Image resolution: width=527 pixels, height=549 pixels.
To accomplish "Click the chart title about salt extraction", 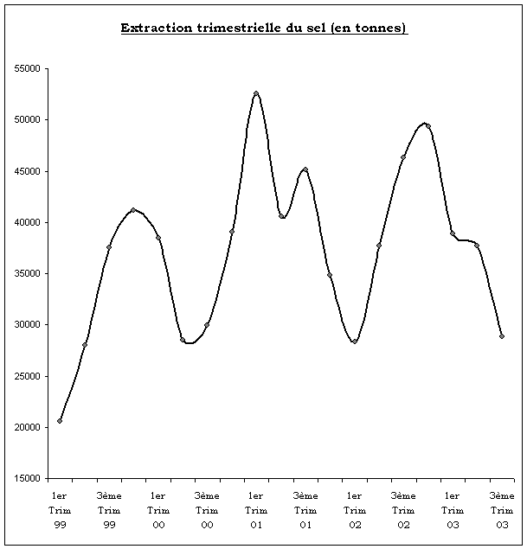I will (264, 28).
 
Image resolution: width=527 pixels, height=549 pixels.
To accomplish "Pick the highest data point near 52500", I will (256, 93).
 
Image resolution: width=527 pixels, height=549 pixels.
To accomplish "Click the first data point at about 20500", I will (60, 421).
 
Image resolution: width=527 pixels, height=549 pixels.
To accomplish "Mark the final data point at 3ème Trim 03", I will (502, 336).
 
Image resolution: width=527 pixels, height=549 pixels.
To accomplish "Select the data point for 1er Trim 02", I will (355, 342).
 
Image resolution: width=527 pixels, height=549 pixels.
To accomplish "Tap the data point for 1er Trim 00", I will (158, 238).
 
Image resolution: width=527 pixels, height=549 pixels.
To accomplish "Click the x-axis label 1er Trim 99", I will (60, 510).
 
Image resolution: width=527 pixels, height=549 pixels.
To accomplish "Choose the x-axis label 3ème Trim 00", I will (207, 510).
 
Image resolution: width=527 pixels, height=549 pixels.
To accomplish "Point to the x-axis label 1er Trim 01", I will (256, 510).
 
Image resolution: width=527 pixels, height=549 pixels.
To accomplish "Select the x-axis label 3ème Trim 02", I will (403, 510).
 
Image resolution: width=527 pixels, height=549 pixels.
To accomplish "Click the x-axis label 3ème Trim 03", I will (502, 510).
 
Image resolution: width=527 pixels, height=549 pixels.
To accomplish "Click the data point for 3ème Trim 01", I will (305, 169).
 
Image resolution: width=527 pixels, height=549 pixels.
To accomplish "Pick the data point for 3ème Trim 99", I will (109, 247).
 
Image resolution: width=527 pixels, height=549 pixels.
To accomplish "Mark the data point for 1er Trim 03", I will (453, 233).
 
